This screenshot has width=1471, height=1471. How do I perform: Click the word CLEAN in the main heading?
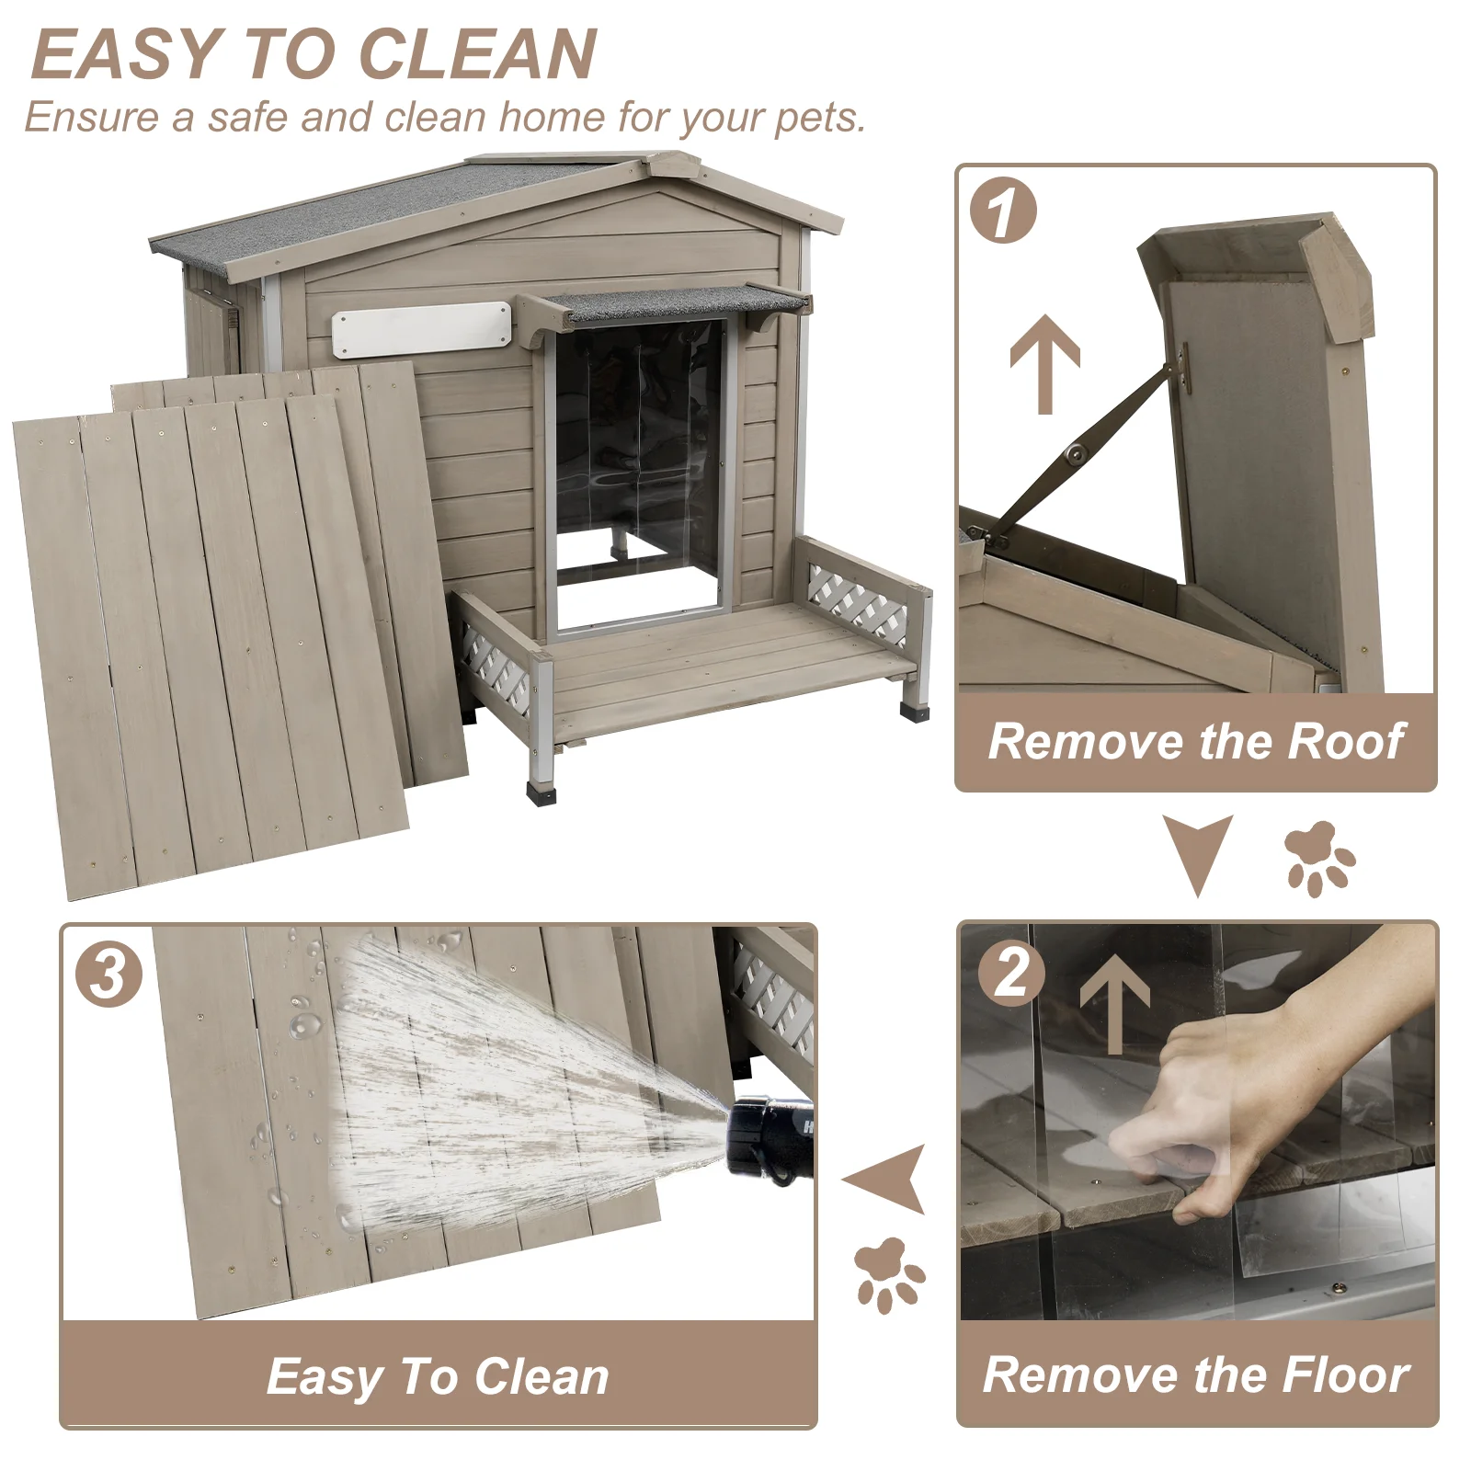(477, 55)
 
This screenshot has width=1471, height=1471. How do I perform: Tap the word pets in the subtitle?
(817, 119)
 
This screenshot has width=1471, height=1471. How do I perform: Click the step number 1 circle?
(1003, 211)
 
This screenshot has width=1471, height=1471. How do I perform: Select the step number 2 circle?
(1011, 973)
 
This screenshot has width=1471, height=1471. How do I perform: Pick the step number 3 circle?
(108, 974)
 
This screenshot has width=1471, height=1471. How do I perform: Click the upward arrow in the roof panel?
(1044, 364)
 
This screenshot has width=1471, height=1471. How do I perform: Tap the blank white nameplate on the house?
(421, 329)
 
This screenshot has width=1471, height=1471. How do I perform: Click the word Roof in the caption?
(1346, 743)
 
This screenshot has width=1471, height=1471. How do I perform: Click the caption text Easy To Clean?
(438, 1377)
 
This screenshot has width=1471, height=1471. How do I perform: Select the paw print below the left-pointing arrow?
(886, 1274)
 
